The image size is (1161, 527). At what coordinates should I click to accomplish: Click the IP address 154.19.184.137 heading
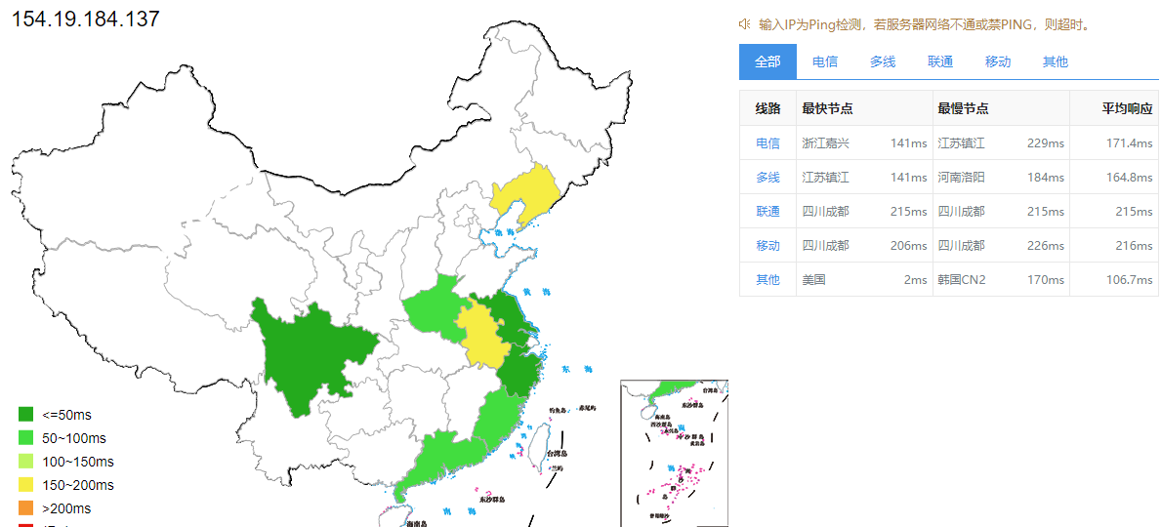pyautogui.click(x=85, y=20)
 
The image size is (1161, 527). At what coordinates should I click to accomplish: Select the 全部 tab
pyautogui.click(x=767, y=61)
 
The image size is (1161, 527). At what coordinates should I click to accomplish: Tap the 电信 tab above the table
pyautogui.click(x=825, y=61)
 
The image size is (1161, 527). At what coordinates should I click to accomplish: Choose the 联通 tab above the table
pyautogui.click(x=940, y=61)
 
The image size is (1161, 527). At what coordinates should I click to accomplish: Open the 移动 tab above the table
pyautogui.click(x=998, y=61)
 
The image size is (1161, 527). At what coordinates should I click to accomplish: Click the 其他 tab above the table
pyautogui.click(x=1056, y=61)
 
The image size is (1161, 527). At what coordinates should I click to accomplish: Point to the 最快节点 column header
pyautogui.click(x=827, y=109)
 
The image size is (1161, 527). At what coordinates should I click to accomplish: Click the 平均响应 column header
pyautogui.click(x=1128, y=109)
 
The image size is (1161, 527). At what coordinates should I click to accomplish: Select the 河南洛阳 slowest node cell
pyautogui.click(x=962, y=178)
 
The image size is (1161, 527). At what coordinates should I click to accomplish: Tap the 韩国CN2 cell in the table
pyautogui.click(x=962, y=280)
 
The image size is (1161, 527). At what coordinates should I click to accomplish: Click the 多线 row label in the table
pyautogui.click(x=767, y=178)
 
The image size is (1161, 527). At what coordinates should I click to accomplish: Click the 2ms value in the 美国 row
pyautogui.click(x=915, y=280)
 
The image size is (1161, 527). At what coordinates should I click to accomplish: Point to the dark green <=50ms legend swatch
pyautogui.click(x=26, y=415)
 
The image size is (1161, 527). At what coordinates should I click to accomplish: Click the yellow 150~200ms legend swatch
pyautogui.click(x=26, y=485)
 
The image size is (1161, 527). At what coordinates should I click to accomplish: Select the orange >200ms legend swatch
pyautogui.click(x=26, y=508)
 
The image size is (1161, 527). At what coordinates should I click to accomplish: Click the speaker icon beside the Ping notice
pyautogui.click(x=744, y=24)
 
